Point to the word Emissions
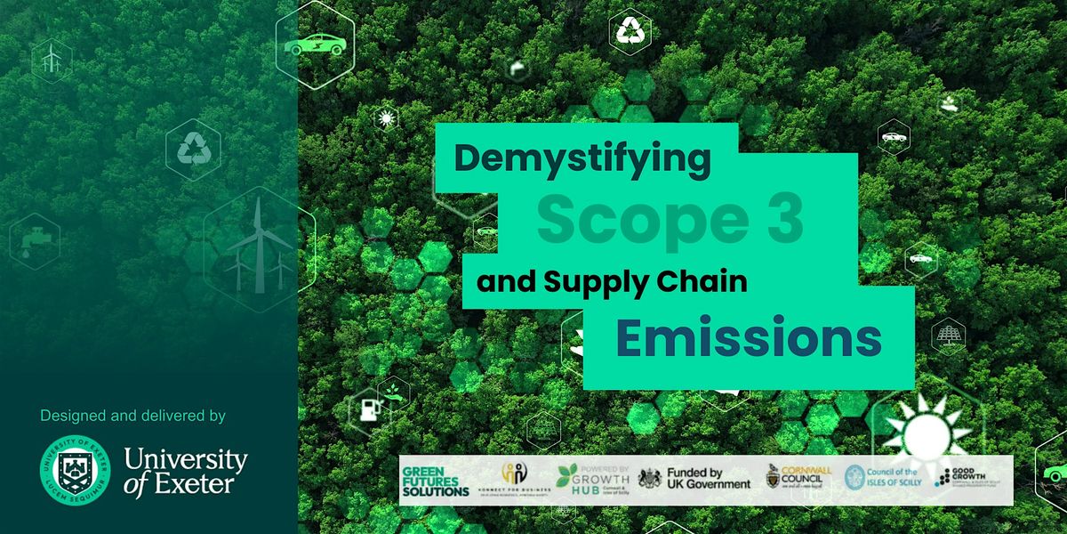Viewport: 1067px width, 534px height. tap(749, 339)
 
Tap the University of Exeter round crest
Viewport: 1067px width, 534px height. tap(75, 468)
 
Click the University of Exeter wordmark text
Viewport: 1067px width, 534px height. tap(185, 471)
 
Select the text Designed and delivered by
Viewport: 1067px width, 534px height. tap(132, 416)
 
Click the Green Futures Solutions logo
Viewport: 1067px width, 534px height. tap(436, 481)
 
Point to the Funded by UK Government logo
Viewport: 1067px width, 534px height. tap(694, 480)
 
